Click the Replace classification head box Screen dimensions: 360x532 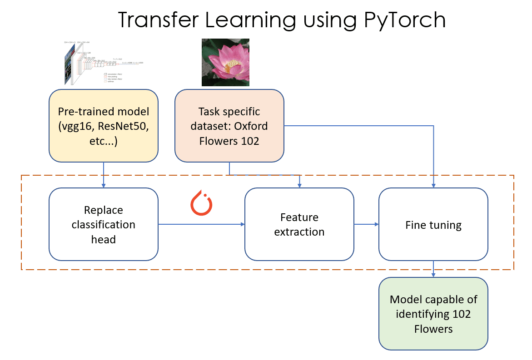coord(103,224)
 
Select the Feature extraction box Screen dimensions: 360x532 coord(299,224)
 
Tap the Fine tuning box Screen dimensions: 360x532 coord(433,224)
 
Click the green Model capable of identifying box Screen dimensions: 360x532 coord(433,314)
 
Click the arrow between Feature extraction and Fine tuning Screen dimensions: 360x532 coord(366,224)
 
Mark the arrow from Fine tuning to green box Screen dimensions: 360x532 coord(433,269)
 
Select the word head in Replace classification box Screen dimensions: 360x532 coord(103,239)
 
